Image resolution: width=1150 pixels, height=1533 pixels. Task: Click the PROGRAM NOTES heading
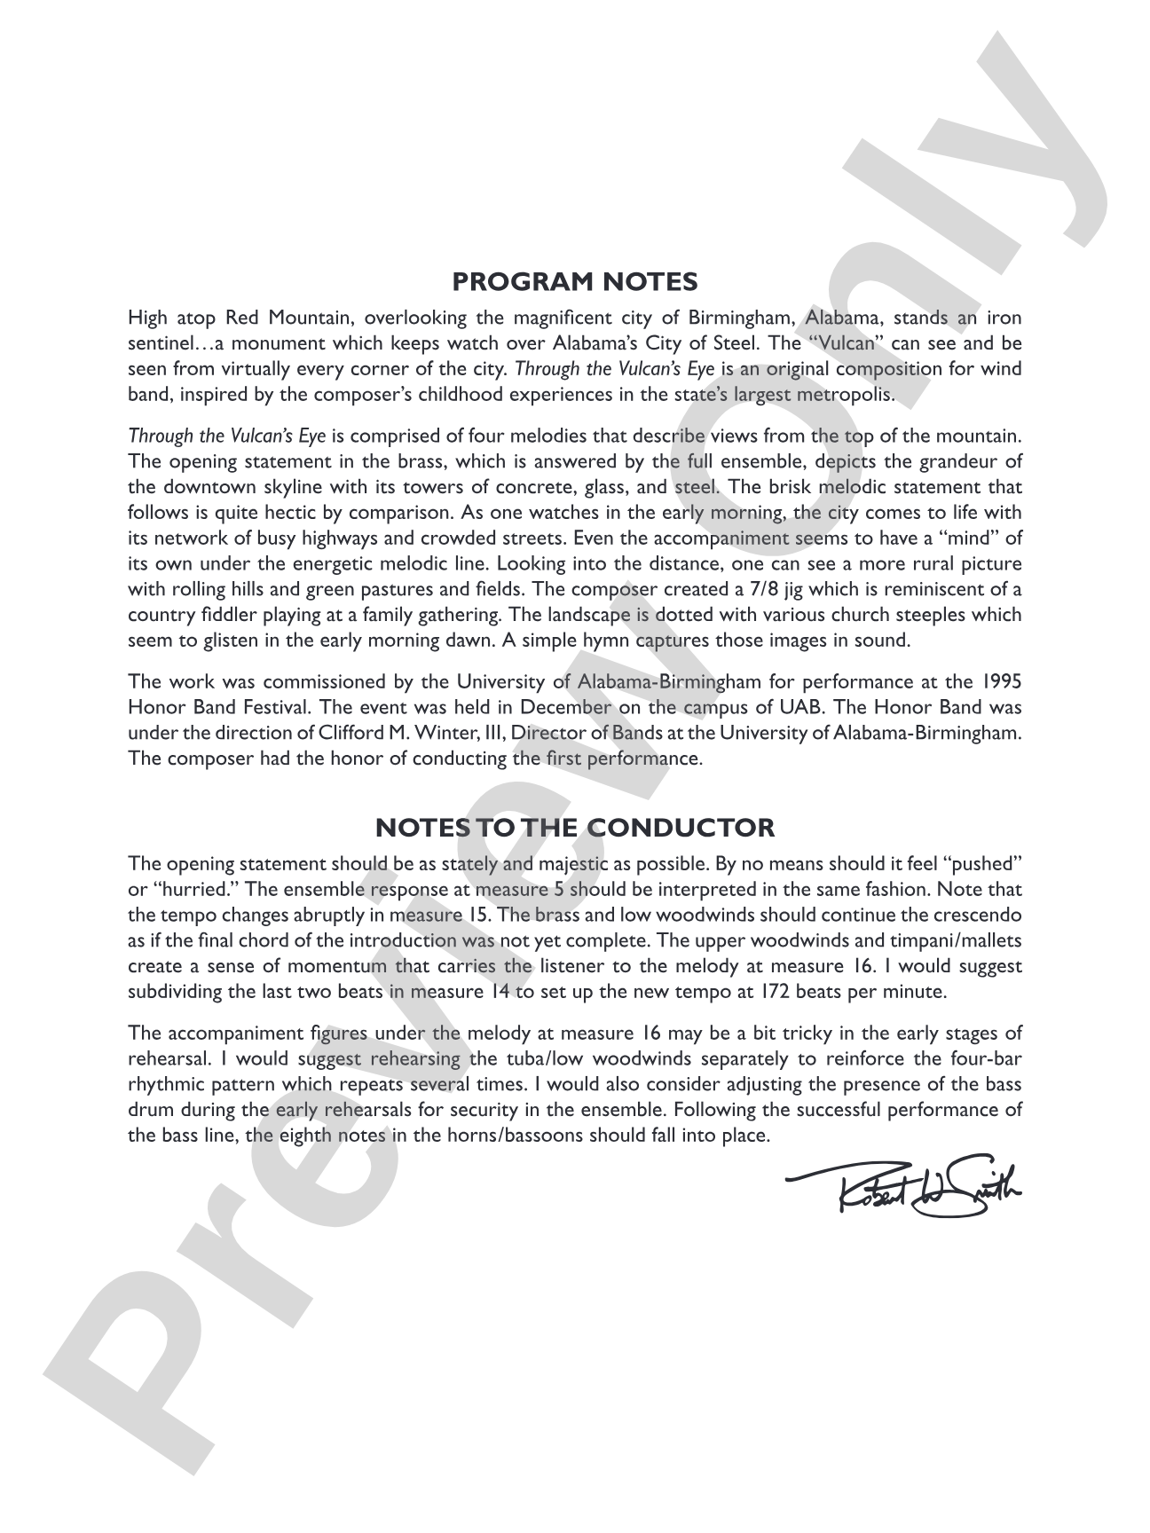575,282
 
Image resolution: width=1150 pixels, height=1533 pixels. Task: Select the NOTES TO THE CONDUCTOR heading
575,829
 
